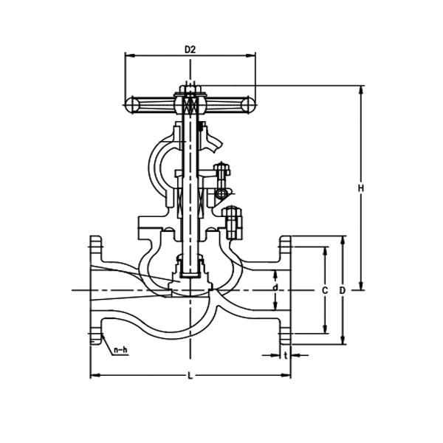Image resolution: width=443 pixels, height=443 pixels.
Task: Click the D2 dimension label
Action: click(x=189, y=49)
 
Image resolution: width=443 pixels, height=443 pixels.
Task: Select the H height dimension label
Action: click(x=361, y=189)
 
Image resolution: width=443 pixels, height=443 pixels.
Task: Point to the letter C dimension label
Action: click(x=324, y=290)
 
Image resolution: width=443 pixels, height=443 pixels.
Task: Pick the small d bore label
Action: click(x=275, y=286)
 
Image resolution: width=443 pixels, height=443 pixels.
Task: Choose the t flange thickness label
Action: click(x=285, y=355)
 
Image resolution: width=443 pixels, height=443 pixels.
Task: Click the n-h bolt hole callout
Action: click(x=120, y=350)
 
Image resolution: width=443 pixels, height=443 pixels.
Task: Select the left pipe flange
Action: click(x=95, y=290)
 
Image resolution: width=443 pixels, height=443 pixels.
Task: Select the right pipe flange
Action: click(x=285, y=290)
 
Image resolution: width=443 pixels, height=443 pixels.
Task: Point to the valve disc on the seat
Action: click(x=189, y=284)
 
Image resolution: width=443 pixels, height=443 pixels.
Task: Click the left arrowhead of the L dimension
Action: click(x=92, y=377)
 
